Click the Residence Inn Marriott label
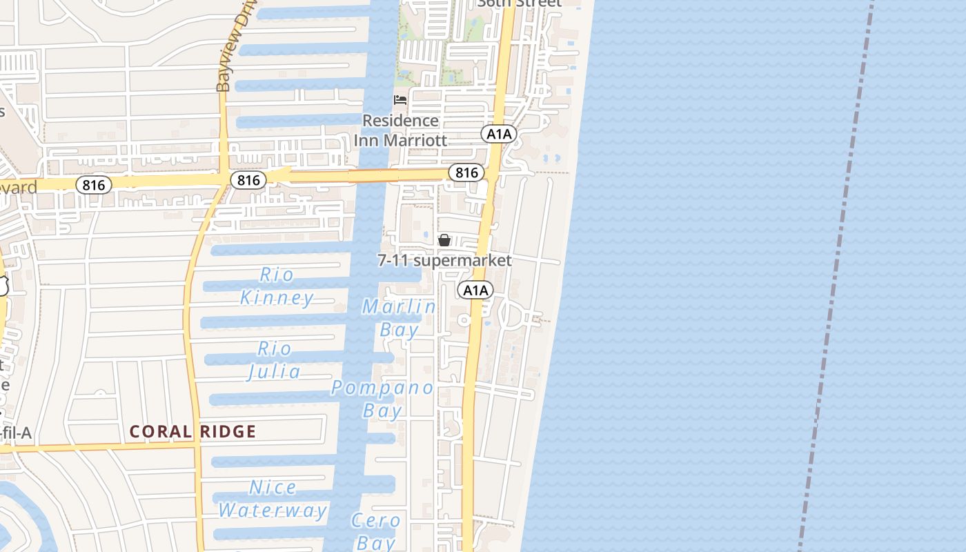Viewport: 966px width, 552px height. (x=401, y=130)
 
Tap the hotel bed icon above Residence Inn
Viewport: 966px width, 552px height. (x=400, y=100)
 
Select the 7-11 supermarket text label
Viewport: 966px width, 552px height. (x=444, y=260)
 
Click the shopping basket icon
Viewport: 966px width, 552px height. (x=444, y=240)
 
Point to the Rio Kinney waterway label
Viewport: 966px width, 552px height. (x=277, y=286)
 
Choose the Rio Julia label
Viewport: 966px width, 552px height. (x=275, y=360)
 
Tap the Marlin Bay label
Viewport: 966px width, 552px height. (x=400, y=317)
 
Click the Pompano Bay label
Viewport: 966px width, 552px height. (x=383, y=399)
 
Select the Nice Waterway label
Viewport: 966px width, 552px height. (x=273, y=499)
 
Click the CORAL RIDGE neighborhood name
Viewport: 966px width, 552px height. (x=193, y=432)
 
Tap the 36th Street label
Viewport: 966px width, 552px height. (x=519, y=3)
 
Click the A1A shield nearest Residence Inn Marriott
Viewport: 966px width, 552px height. (x=499, y=134)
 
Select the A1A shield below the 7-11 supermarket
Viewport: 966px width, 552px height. (x=475, y=290)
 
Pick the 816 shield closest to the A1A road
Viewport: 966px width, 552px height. (x=466, y=172)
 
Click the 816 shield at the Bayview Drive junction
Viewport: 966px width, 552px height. (x=248, y=181)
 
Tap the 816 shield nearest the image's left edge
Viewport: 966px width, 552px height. (x=93, y=185)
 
